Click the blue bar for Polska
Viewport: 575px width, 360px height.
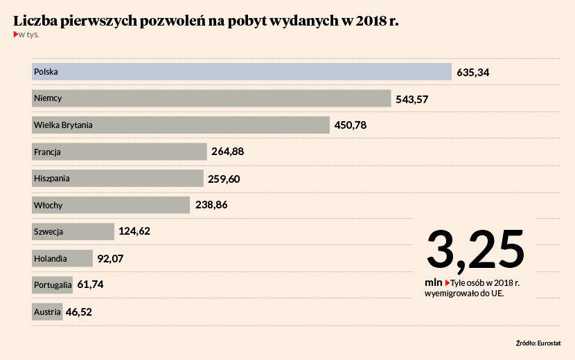(x=242, y=71)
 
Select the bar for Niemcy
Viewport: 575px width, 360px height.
(x=211, y=98)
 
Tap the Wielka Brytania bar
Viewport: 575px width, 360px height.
(x=180, y=125)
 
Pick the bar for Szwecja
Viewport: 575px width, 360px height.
(x=73, y=231)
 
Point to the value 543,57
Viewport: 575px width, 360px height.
(x=412, y=99)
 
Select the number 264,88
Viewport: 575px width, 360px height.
(x=227, y=152)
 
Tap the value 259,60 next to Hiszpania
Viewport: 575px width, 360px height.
(x=224, y=179)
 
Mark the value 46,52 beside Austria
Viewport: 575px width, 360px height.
(x=79, y=312)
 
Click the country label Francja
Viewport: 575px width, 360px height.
(x=48, y=152)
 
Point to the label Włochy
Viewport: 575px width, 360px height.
(x=48, y=205)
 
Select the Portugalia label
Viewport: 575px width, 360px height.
(x=53, y=285)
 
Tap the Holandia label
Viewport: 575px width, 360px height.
(x=51, y=258)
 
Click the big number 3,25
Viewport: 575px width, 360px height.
(x=475, y=249)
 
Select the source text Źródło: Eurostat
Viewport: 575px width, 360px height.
(x=538, y=343)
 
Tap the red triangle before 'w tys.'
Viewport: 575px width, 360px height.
(x=16, y=34)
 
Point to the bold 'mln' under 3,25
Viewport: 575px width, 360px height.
(x=434, y=283)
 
